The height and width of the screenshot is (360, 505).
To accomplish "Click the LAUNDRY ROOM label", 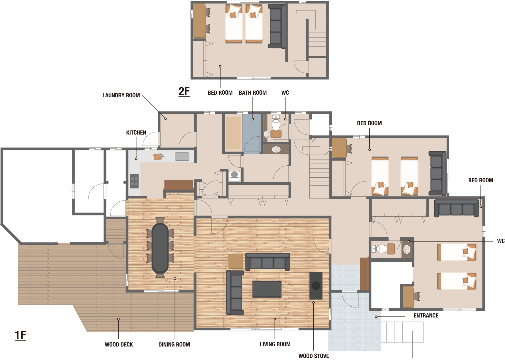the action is click(x=121, y=95).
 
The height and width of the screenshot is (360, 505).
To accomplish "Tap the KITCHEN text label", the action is click(x=136, y=133).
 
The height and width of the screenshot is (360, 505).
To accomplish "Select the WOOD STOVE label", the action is click(x=314, y=356).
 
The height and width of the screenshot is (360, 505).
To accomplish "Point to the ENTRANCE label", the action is click(x=426, y=315).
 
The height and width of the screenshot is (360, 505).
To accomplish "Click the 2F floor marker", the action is click(x=184, y=91).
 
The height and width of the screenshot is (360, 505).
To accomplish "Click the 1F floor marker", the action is click(x=21, y=335).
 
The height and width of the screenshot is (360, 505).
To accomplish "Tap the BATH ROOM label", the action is click(x=253, y=93).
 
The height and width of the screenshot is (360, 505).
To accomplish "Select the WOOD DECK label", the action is click(x=119, y=344).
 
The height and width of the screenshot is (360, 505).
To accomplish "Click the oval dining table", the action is click(x=160, y=248).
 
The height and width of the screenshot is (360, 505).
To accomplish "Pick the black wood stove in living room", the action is click(x=316, y=286).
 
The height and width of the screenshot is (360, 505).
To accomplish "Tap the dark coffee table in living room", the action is click(x=267, y=289).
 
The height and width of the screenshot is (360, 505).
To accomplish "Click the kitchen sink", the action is click(x=182, y=157).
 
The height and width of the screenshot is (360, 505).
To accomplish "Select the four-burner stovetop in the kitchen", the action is click(x=134, y=181).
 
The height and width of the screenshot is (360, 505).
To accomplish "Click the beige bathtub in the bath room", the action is click(x=233, y=133).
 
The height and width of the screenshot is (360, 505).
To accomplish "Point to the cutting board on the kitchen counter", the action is click(x=158, y=157).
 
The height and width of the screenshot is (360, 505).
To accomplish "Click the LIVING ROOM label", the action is click(x=275, y=344).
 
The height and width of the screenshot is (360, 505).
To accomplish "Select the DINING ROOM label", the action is click(x=174, y=344).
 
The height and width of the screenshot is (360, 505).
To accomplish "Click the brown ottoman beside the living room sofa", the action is click(x=236, y=261).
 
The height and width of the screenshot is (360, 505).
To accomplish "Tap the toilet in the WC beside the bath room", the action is click(x=276, y=125).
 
